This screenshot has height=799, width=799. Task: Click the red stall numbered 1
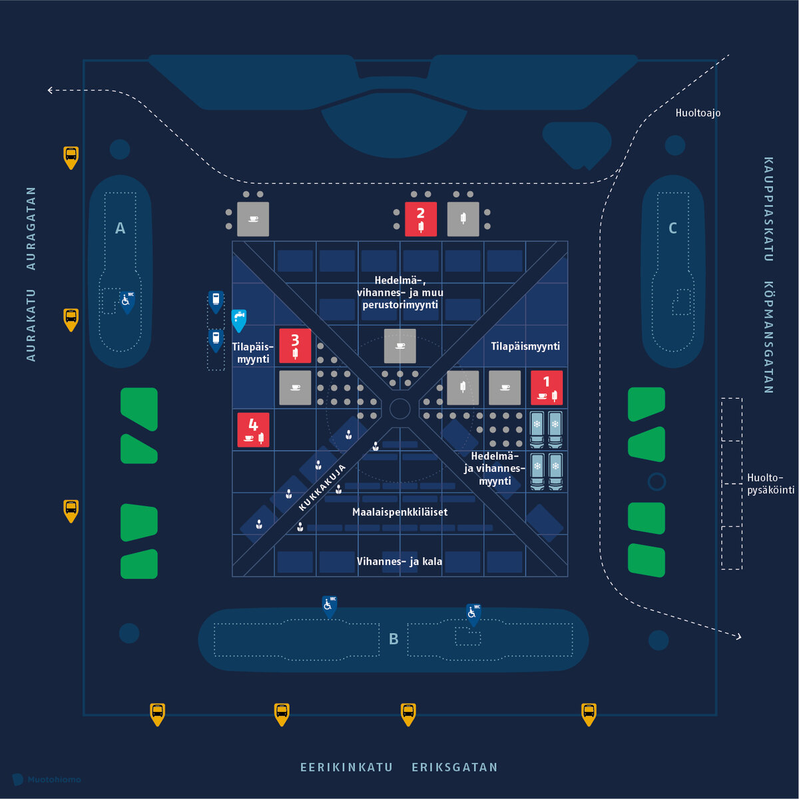point(547,388)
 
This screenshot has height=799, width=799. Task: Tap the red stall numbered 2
point(420,219)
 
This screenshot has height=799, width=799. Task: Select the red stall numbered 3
point(295,346)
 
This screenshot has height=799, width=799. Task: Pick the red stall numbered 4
point(253,430)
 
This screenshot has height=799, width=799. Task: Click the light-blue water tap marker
point(239,320)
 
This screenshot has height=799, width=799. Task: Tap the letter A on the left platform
point(120,228)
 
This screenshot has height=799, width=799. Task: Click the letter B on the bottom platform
point(394,639)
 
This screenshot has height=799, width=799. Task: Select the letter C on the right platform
point(672,228)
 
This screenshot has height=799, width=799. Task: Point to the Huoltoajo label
point(698,113)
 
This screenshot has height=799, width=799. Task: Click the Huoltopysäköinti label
point(770,483)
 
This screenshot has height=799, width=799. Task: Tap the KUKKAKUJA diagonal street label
point(322,487)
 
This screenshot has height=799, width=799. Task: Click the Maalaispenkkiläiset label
point(400,512)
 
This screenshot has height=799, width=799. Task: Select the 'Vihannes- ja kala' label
point(400,561)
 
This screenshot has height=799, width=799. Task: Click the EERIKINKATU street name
point(346,768)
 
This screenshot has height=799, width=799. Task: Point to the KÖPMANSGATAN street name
point(768,337)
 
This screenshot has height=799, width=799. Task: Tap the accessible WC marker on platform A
point(127,302)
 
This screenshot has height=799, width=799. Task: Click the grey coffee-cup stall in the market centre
point(400,346)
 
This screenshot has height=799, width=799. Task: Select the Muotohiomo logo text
point(54,780)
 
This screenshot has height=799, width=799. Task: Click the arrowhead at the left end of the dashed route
point(50,90)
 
